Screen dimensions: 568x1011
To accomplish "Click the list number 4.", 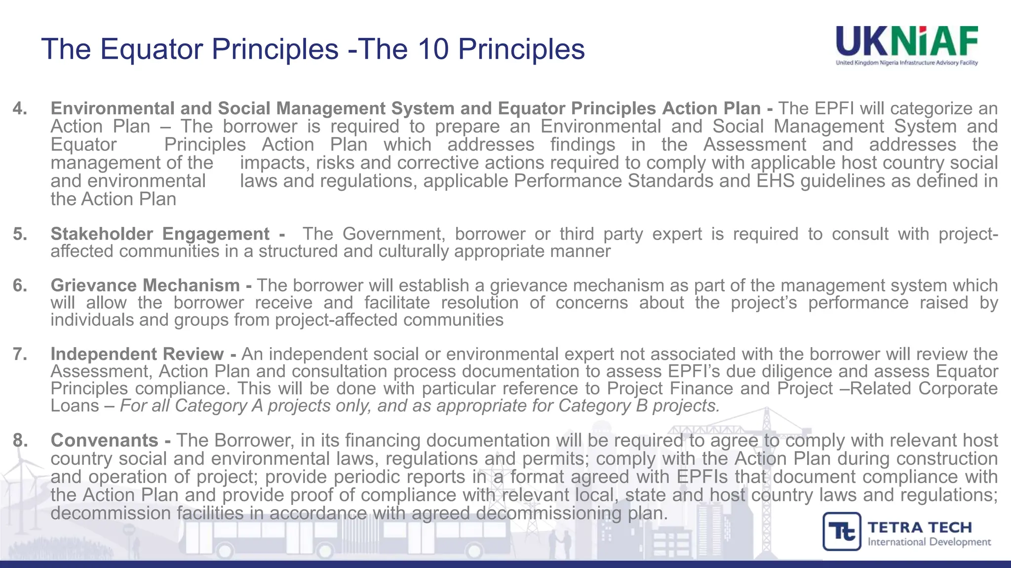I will [20, 108].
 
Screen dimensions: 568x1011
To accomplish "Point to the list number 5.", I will [20, 234].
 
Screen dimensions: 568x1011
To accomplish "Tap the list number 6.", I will [20, 285].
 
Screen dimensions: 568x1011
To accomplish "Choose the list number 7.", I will [20, 354].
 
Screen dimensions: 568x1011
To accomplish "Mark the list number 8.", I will [20, 440].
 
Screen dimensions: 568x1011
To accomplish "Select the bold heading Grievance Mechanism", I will [145, 285].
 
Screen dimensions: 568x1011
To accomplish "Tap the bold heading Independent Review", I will [137, 354].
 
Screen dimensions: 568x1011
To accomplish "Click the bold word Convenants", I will [104, 440].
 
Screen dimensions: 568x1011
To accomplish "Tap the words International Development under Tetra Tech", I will [929, 542].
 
